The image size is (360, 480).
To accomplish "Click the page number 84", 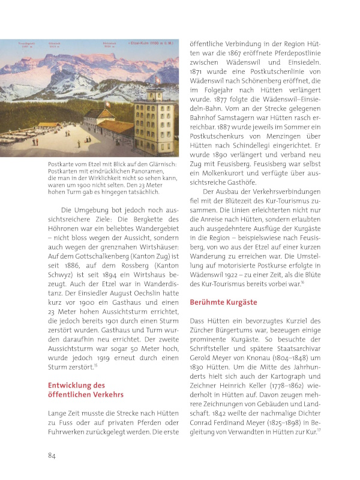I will coord(52,455).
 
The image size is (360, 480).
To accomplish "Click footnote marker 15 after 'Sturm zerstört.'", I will coord(95,364).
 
